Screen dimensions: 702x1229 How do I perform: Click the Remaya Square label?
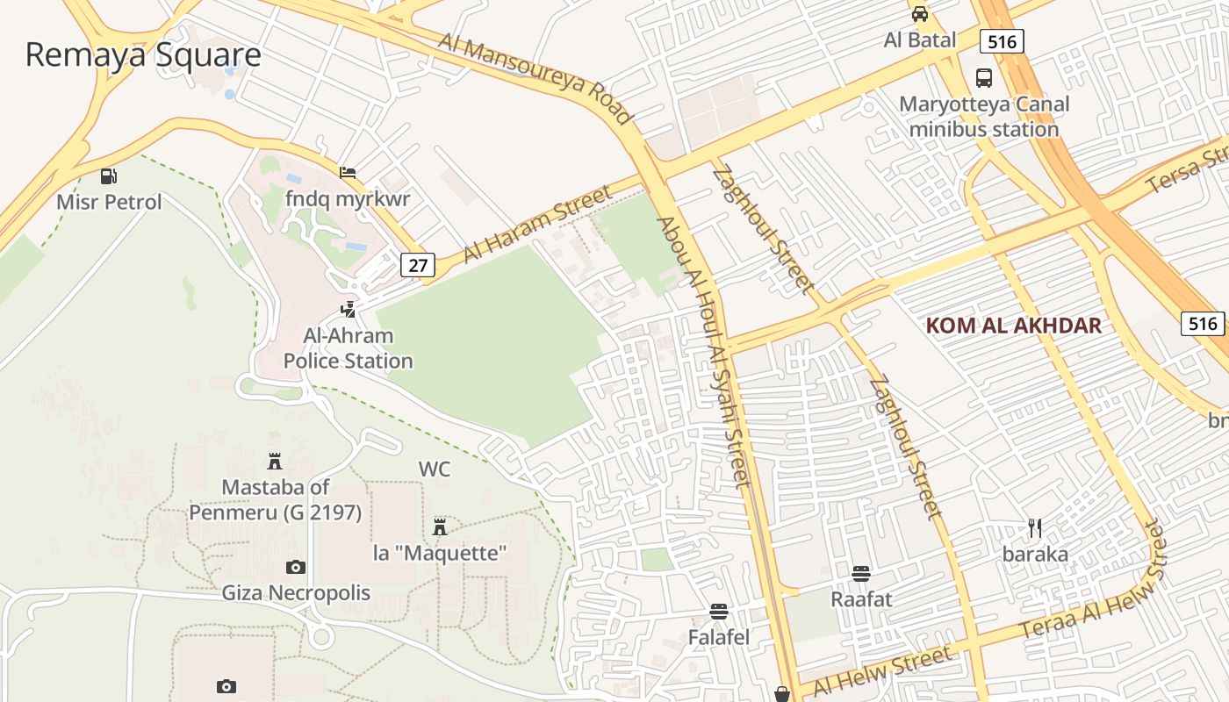(x=143, y=54)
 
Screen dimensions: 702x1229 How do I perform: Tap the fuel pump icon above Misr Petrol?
(x=109, y=176)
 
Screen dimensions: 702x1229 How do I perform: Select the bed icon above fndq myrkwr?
(x=349, y=172)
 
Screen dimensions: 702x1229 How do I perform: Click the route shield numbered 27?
(x=419, y=265)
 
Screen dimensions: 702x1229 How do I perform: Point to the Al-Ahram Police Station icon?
(x=349, y=310)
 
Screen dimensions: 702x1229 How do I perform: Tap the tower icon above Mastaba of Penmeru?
(x=275, y=461)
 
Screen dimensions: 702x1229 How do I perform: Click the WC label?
(x=435, y=469)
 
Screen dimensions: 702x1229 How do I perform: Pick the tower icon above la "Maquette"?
(x=440, y=526)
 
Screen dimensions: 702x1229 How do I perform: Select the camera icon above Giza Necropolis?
(x=296, y=568)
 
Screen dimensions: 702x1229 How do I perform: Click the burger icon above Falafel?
(x=719, y=612)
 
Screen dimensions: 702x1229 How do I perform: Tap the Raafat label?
(x=861, y=599)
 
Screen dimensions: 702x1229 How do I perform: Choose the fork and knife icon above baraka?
(x=1035, y=527)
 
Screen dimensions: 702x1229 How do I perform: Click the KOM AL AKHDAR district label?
(x=1013, y=326)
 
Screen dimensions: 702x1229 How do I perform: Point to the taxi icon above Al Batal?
(x=920, y=14)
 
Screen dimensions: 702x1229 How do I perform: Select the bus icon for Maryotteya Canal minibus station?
(x=984, y=78)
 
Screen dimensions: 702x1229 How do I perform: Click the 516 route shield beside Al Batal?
(x=1002, y=41)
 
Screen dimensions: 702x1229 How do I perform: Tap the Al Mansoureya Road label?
(x=535, y=78)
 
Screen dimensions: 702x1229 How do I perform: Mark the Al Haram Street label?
(x=536, y=224)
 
